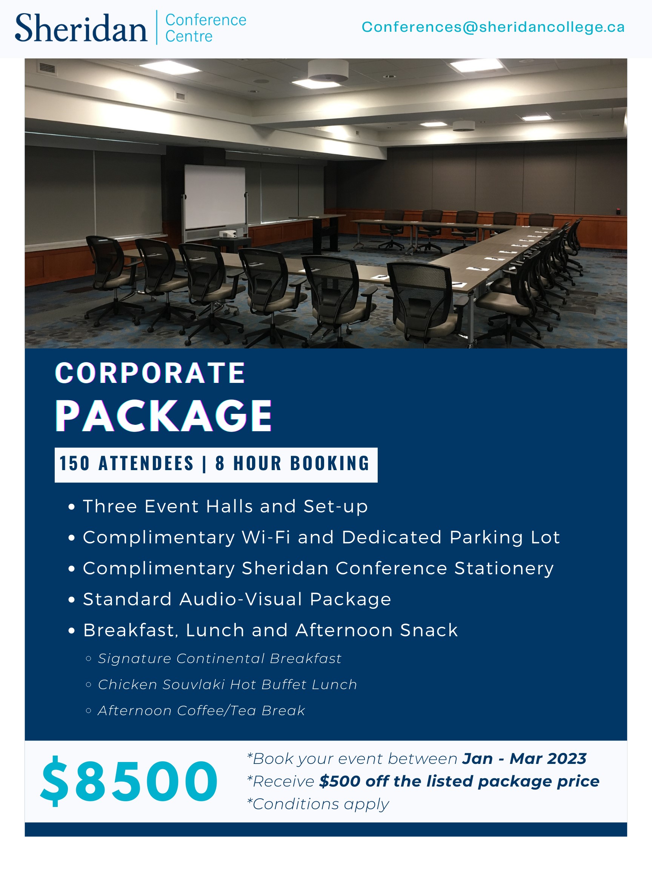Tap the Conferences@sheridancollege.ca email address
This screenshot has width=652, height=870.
[493, 27]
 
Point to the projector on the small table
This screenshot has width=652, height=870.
[228, 234]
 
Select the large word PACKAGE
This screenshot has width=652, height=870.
[163, 416]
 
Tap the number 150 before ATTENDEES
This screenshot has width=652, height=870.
[75, 463]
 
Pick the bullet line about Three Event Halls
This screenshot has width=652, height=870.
[225, 506]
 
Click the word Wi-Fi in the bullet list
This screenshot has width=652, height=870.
[266, 537]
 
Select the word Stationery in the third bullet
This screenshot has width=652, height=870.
[504, 568]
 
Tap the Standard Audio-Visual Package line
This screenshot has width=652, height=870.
[237, 599]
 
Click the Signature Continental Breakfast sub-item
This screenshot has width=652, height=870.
[219, 659]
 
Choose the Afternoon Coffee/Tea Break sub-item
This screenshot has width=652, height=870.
[201, 711]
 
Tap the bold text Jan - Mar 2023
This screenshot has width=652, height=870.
[524, 759]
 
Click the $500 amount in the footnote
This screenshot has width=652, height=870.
[339, 782]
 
